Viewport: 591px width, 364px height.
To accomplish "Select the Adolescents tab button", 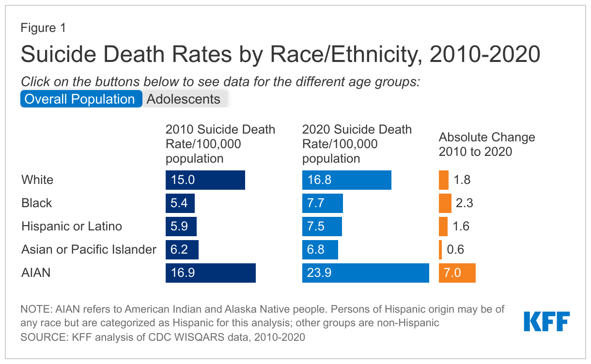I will click(184, 99).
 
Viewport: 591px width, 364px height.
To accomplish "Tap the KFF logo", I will click(546, 321).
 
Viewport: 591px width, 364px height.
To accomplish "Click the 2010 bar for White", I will click(205, 180).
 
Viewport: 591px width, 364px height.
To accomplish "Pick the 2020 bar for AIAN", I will click(365, 273).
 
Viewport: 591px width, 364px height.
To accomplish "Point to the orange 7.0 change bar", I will click(457, 273).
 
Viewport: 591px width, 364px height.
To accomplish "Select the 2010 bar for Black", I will click(180, 203).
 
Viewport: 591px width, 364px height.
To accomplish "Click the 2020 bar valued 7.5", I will click(322, 227).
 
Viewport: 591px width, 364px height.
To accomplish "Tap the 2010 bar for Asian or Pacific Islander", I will click(182, 250).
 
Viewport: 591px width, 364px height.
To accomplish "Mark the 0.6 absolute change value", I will click(455, 250).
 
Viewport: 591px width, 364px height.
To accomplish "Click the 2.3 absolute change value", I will click(464, 203).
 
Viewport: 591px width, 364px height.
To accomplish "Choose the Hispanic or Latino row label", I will click(72, 227).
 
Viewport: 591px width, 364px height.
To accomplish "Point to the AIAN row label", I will click(36, 273).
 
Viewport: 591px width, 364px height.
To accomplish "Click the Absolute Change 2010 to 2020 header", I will click(487, 144).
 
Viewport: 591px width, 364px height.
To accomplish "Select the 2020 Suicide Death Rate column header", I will click(357, 144).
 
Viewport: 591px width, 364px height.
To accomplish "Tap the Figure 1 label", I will click(43, 28).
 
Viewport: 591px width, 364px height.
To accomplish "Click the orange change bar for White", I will click(443, 180).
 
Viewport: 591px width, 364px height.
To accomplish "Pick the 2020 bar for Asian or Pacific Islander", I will click(320, 250).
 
